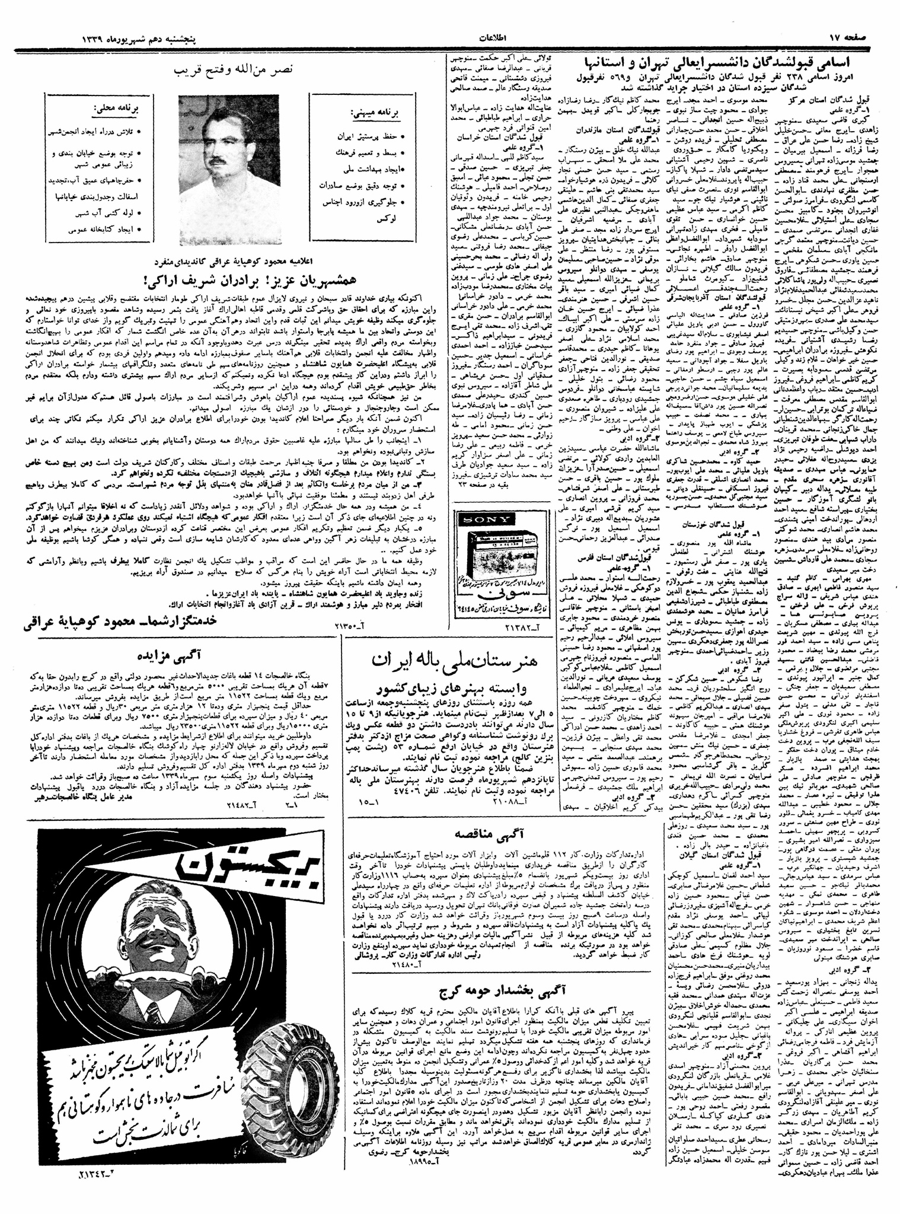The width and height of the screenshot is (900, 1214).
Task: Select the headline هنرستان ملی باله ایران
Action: coord(452,662)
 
